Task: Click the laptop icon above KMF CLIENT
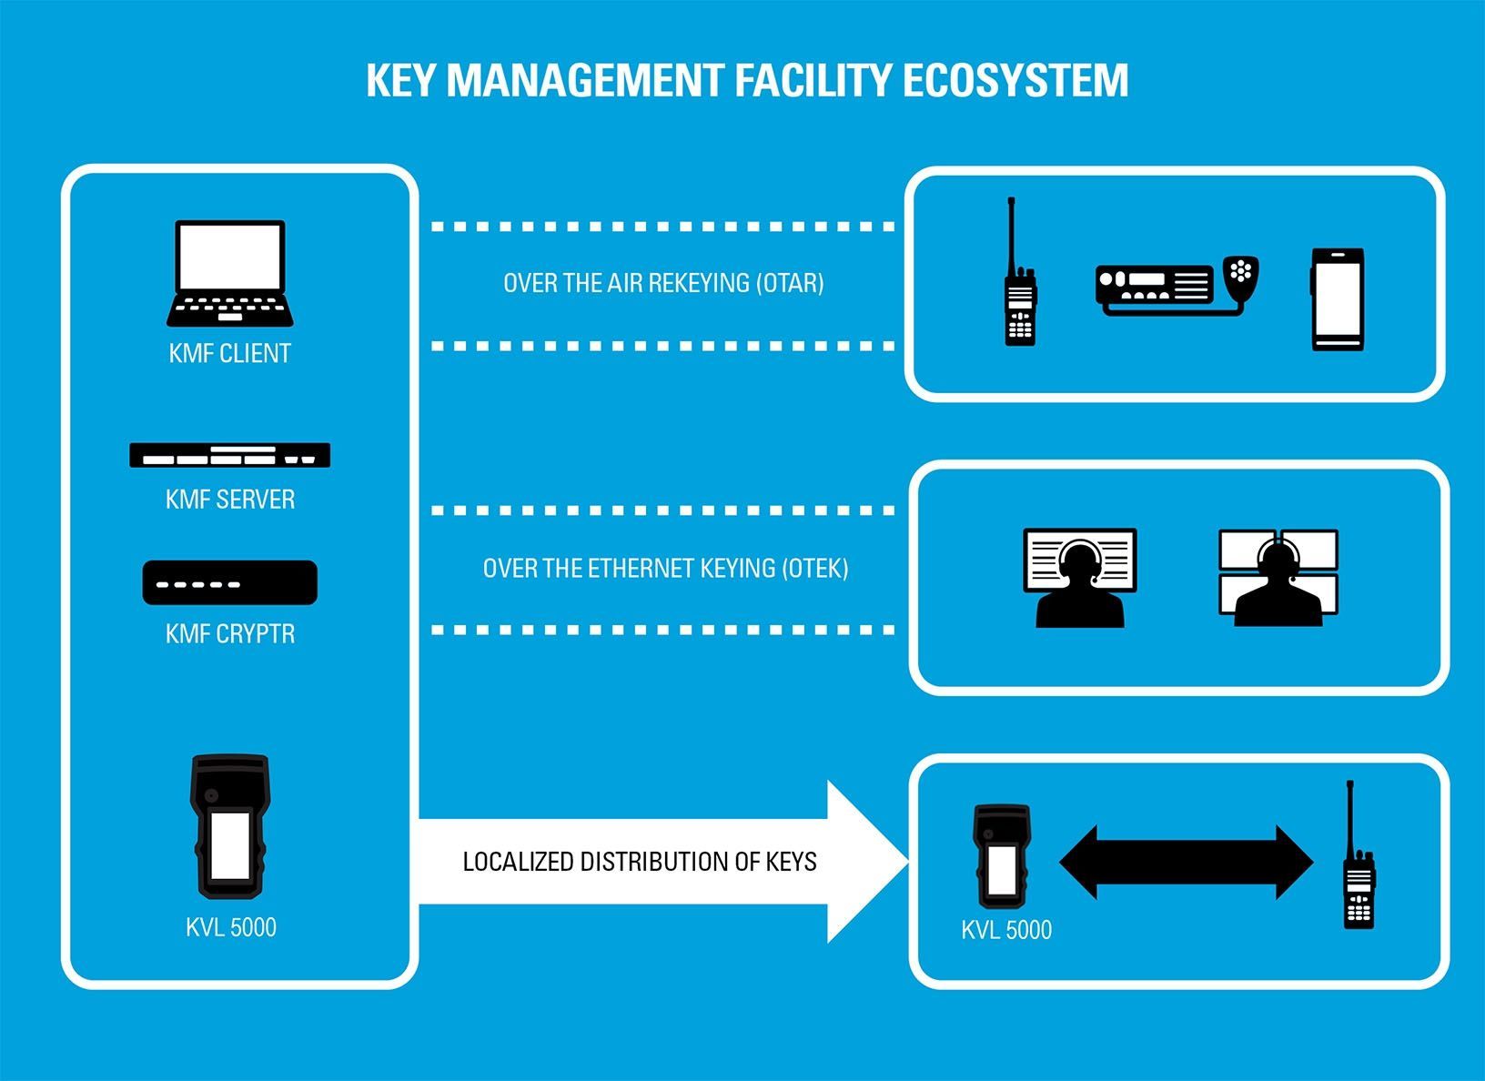pos(230,273)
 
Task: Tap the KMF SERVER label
pos(230,500)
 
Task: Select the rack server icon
pos(230,455)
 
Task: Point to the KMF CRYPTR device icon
pos(230,582)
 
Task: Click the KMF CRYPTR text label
pos(230,634)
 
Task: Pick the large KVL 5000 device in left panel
pos(230,825)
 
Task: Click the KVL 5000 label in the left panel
pos(231,928)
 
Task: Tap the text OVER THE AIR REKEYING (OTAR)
pos(663,283)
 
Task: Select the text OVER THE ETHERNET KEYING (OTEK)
pos(665,569)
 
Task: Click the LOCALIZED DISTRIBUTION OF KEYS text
pos(640,862)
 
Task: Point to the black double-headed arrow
pos(1186,862)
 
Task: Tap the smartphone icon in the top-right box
pos(1337,298)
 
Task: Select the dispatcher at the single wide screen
pos(1080,578)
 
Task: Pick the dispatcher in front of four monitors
pos(1278,578)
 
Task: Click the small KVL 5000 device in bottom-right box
pos(1002,855)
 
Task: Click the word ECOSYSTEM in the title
pos(1015,80)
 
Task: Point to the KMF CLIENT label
pos(230,353)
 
